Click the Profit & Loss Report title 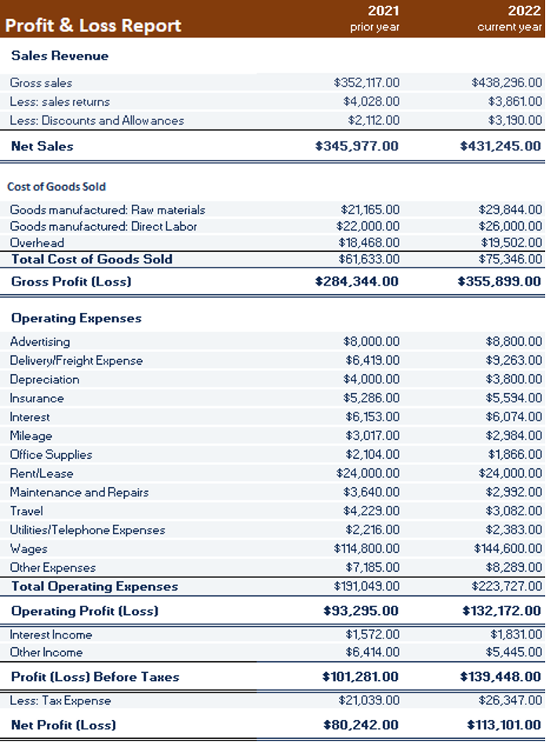click(93, 25)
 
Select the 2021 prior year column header click(376, 19)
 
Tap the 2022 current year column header click(512, 19)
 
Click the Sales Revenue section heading click(60, 56)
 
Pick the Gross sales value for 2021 click(366, 82)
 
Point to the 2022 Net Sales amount click(500, 146)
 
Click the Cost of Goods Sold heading click(56, 187)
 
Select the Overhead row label click(37, 243)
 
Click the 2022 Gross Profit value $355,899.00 click(499, 281)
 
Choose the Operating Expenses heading click(76, 318)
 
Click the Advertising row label click(40, 342)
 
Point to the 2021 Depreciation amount click(371, 380)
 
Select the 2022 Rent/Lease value click(510, 474)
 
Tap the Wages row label click(28, 549)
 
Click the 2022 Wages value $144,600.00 click(508, 549)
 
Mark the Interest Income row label click(51, 635)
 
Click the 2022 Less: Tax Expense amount click(510, 700)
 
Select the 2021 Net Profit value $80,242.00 click(361, 725)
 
